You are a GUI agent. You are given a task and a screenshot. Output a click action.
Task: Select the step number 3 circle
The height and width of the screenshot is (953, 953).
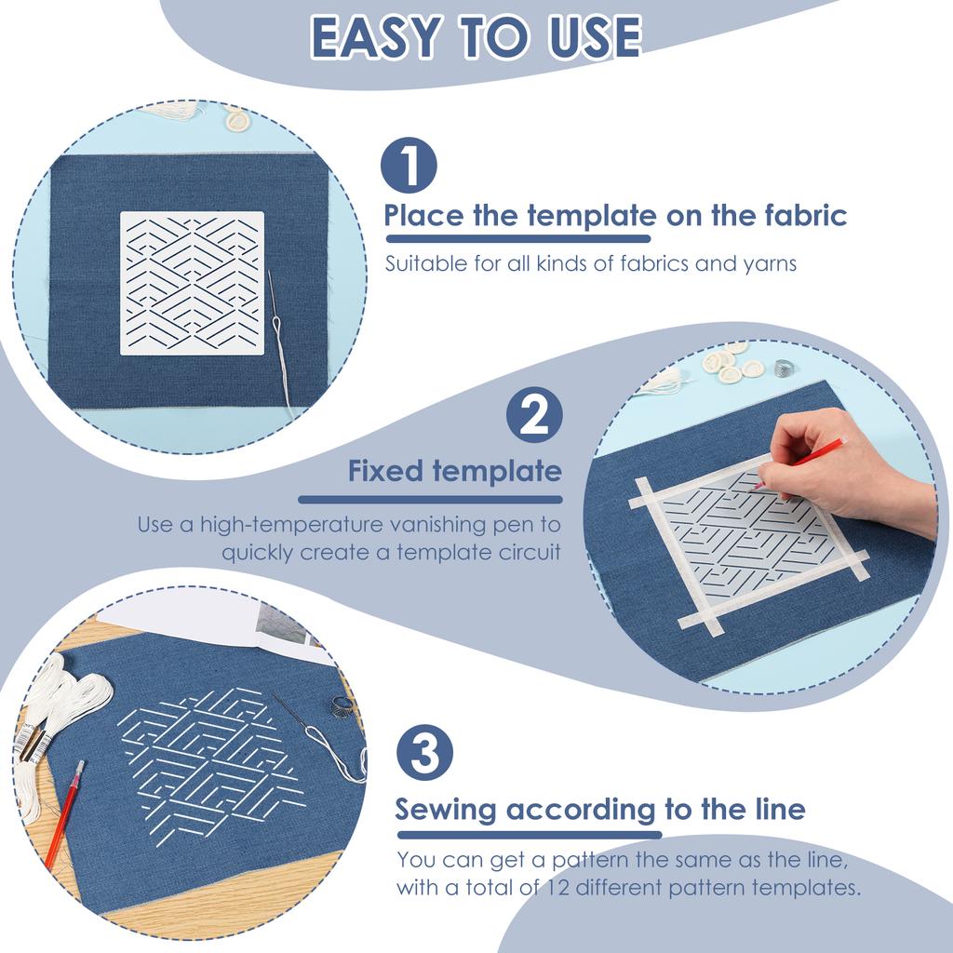(425, 753)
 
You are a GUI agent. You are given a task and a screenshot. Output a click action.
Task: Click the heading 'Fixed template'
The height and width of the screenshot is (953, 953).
(454, 471)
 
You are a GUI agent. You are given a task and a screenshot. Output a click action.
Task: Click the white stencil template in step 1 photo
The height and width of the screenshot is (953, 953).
(192, 283)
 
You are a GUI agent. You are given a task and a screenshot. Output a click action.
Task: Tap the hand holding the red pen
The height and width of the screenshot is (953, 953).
(838, 470)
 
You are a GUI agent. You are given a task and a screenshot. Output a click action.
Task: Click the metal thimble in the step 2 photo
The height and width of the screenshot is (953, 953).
(784, 366)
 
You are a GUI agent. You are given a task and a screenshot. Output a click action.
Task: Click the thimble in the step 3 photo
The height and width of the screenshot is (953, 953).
(341, 707)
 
